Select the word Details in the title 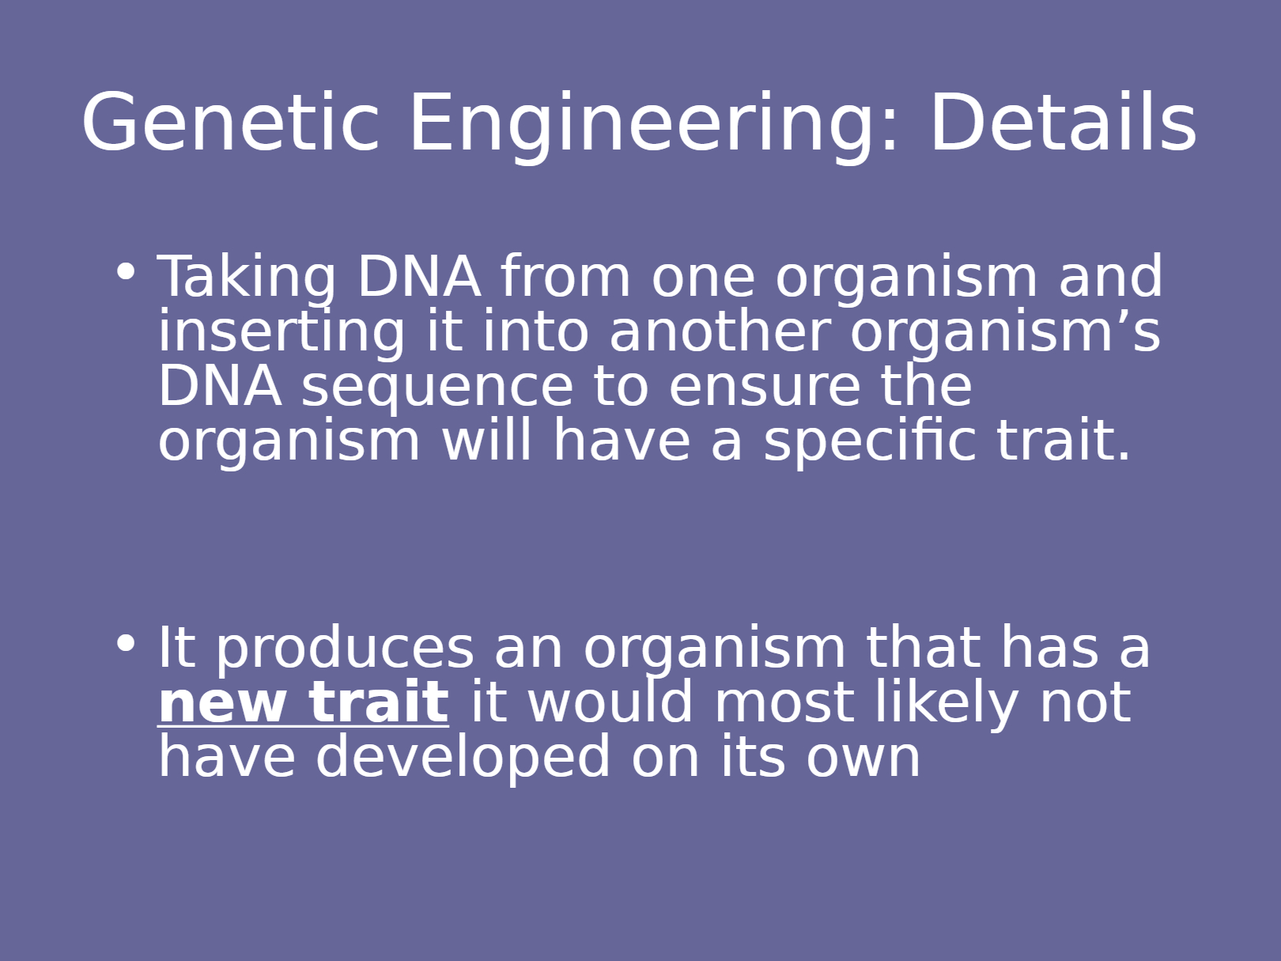click(x=1064, y=121)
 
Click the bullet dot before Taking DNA click(x=126, y=272)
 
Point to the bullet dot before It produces click(x=126, y=643)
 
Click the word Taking click(x=247, y=279)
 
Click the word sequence click(x=437, y=389)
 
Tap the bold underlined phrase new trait click(x=304, y=704)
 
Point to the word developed click(x=463, y=759)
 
